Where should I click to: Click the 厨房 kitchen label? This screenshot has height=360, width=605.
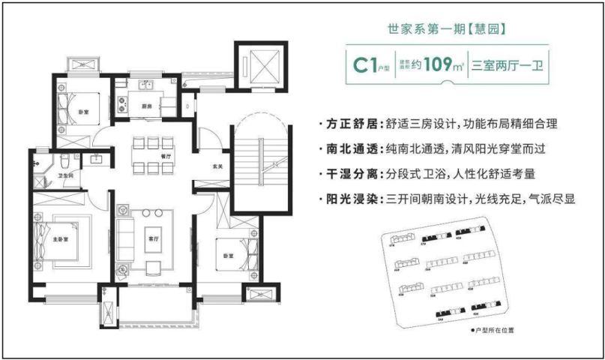[147, 106]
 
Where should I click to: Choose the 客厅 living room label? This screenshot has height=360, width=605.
[154, 239]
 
